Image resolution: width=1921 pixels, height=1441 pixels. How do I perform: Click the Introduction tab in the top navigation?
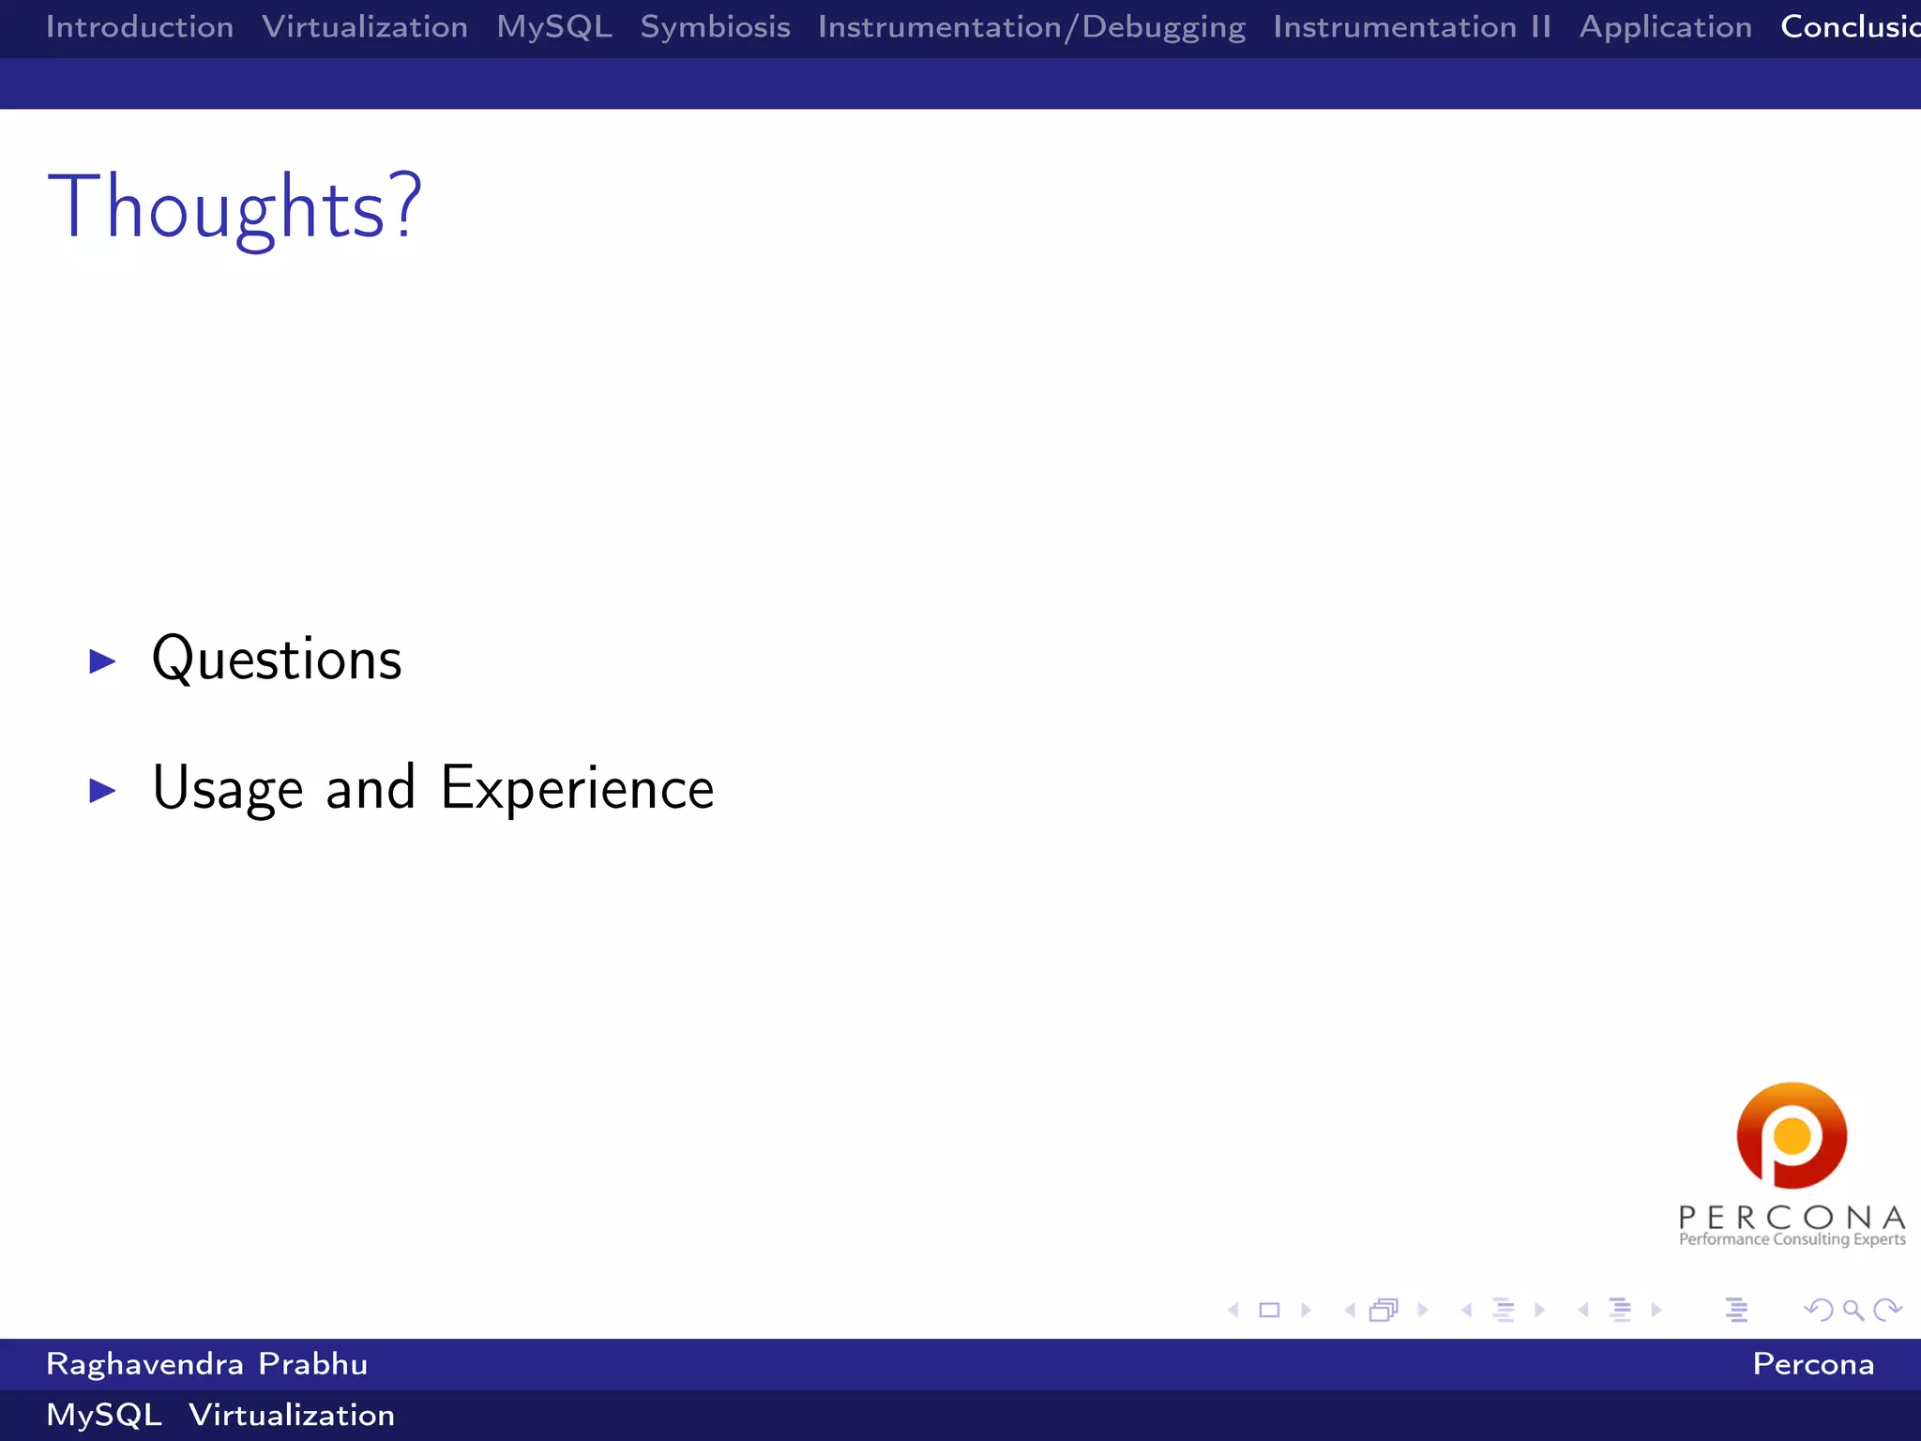[140, 27]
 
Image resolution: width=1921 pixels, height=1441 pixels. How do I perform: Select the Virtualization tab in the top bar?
[365, 27]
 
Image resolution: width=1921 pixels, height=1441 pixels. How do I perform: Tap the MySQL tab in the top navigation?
[554, 27]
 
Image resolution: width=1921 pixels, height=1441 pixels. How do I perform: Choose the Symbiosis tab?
[715, 27]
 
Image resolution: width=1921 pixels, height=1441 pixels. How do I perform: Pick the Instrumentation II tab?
[1412, 27]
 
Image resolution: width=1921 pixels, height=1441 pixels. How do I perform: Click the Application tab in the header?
[1665, 27]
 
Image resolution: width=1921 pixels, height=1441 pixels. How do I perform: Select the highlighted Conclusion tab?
[1849, 27]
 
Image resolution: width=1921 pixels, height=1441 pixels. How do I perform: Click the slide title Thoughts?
[234, 207]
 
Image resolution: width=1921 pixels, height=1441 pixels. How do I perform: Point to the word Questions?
[277, 660]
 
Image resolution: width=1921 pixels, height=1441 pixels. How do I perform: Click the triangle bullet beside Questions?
[102, 661]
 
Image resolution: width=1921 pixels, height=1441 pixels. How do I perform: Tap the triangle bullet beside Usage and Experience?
[102, 791]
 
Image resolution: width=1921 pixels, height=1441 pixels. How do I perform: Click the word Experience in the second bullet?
[577, 788]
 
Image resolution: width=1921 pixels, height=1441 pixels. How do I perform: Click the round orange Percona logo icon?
[1792, 1135]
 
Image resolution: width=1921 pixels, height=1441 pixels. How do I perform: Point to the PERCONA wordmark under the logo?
[1792, 1217]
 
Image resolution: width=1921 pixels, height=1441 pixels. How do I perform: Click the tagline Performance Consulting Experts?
[1792, 1239]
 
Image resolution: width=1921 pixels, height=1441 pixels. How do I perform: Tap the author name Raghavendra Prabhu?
[206, 1364]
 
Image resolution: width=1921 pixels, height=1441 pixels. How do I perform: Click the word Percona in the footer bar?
[1812, 1364]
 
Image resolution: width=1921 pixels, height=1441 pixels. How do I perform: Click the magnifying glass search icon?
[1853, 1310]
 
